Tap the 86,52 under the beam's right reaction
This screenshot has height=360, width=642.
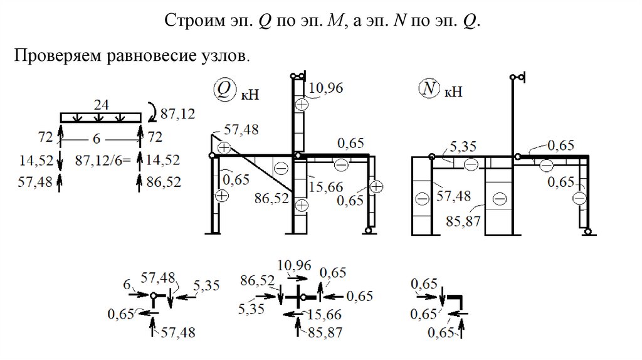(x=163, y=182)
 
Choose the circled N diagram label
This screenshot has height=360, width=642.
(x=429, y=90)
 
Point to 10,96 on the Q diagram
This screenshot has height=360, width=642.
(x=326, y=88)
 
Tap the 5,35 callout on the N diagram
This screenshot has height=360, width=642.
(x=463, y=147)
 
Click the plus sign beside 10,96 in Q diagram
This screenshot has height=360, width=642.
(x=302, y=105)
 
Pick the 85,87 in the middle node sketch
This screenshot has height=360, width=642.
(x=325, y=332)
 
